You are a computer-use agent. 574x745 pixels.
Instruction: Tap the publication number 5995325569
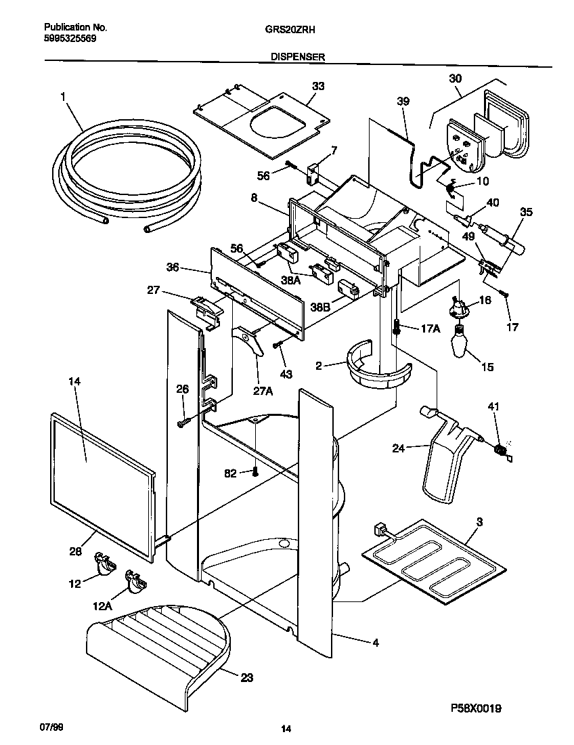70,39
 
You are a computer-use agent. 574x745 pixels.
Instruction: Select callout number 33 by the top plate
318,86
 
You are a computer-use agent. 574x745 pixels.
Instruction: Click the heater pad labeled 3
433,555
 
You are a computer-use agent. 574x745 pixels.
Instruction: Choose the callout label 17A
430,329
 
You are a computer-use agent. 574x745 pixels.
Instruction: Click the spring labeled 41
501,450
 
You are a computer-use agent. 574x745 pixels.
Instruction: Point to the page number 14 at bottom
286,729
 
